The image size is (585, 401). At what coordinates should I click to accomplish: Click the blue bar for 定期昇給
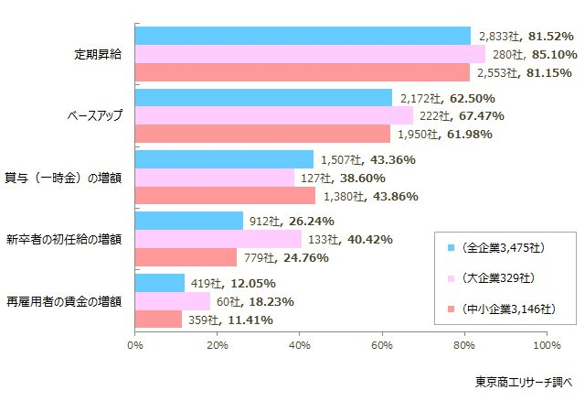(x=302, y=36)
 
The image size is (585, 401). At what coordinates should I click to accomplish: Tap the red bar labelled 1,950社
(x=262, y=134)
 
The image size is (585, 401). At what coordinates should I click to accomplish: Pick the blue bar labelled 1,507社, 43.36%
(x=224, y=159)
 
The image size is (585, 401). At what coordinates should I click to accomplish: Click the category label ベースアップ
(x=95, y=115)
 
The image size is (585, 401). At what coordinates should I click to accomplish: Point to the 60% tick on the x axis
(x=382, y=345)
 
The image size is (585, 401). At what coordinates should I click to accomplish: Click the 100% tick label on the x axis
(x=546, y=345)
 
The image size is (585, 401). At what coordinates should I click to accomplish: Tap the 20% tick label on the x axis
(x=217, y=345)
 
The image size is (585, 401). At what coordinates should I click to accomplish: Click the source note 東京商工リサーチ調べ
(x=521, y=381)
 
